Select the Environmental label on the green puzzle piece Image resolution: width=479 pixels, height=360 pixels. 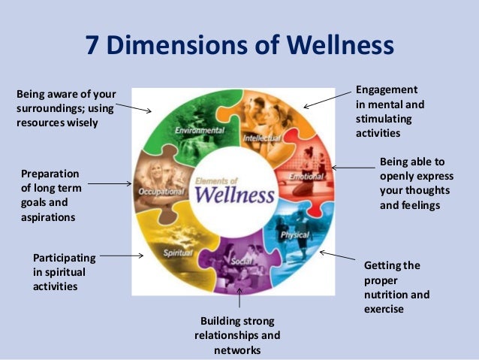[199, 131]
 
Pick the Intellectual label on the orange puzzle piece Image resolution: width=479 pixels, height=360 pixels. [262, 138]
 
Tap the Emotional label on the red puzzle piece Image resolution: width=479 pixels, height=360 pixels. [306, 176]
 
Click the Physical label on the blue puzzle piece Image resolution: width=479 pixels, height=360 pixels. [295, 235]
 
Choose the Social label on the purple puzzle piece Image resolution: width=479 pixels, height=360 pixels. [240, 260]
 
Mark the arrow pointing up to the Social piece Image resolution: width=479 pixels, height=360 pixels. [239, 298]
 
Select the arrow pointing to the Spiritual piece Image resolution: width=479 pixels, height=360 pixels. [121, 256]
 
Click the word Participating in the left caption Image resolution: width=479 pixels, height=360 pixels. [65, 257]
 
